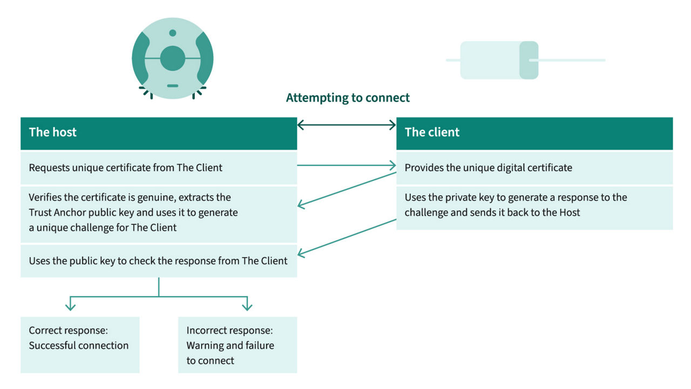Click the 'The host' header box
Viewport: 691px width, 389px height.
(158, 133)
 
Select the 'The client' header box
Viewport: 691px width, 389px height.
(534, 133)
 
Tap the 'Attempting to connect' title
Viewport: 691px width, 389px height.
(348, 98)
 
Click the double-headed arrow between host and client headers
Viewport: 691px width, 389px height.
(347, 125)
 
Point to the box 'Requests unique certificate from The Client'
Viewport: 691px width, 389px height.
(158, 167)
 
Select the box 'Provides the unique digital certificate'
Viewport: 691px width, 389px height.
(534, 167)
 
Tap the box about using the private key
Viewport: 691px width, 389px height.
(534, 207)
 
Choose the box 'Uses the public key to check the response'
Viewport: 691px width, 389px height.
(158, 261)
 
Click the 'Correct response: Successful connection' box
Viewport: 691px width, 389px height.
(80, 344)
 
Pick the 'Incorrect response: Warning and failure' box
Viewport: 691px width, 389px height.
(237, 344)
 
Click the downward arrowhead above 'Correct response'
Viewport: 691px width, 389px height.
(70, 307)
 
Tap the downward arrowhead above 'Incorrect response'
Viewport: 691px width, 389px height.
(247, 307)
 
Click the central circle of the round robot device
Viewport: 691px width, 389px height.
(172, 58)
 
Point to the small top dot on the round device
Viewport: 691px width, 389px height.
(172, 33)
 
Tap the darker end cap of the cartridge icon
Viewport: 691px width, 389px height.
(529, 60)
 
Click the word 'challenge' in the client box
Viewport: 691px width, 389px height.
(426, 212)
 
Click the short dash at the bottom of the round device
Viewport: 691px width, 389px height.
(172, 86)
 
